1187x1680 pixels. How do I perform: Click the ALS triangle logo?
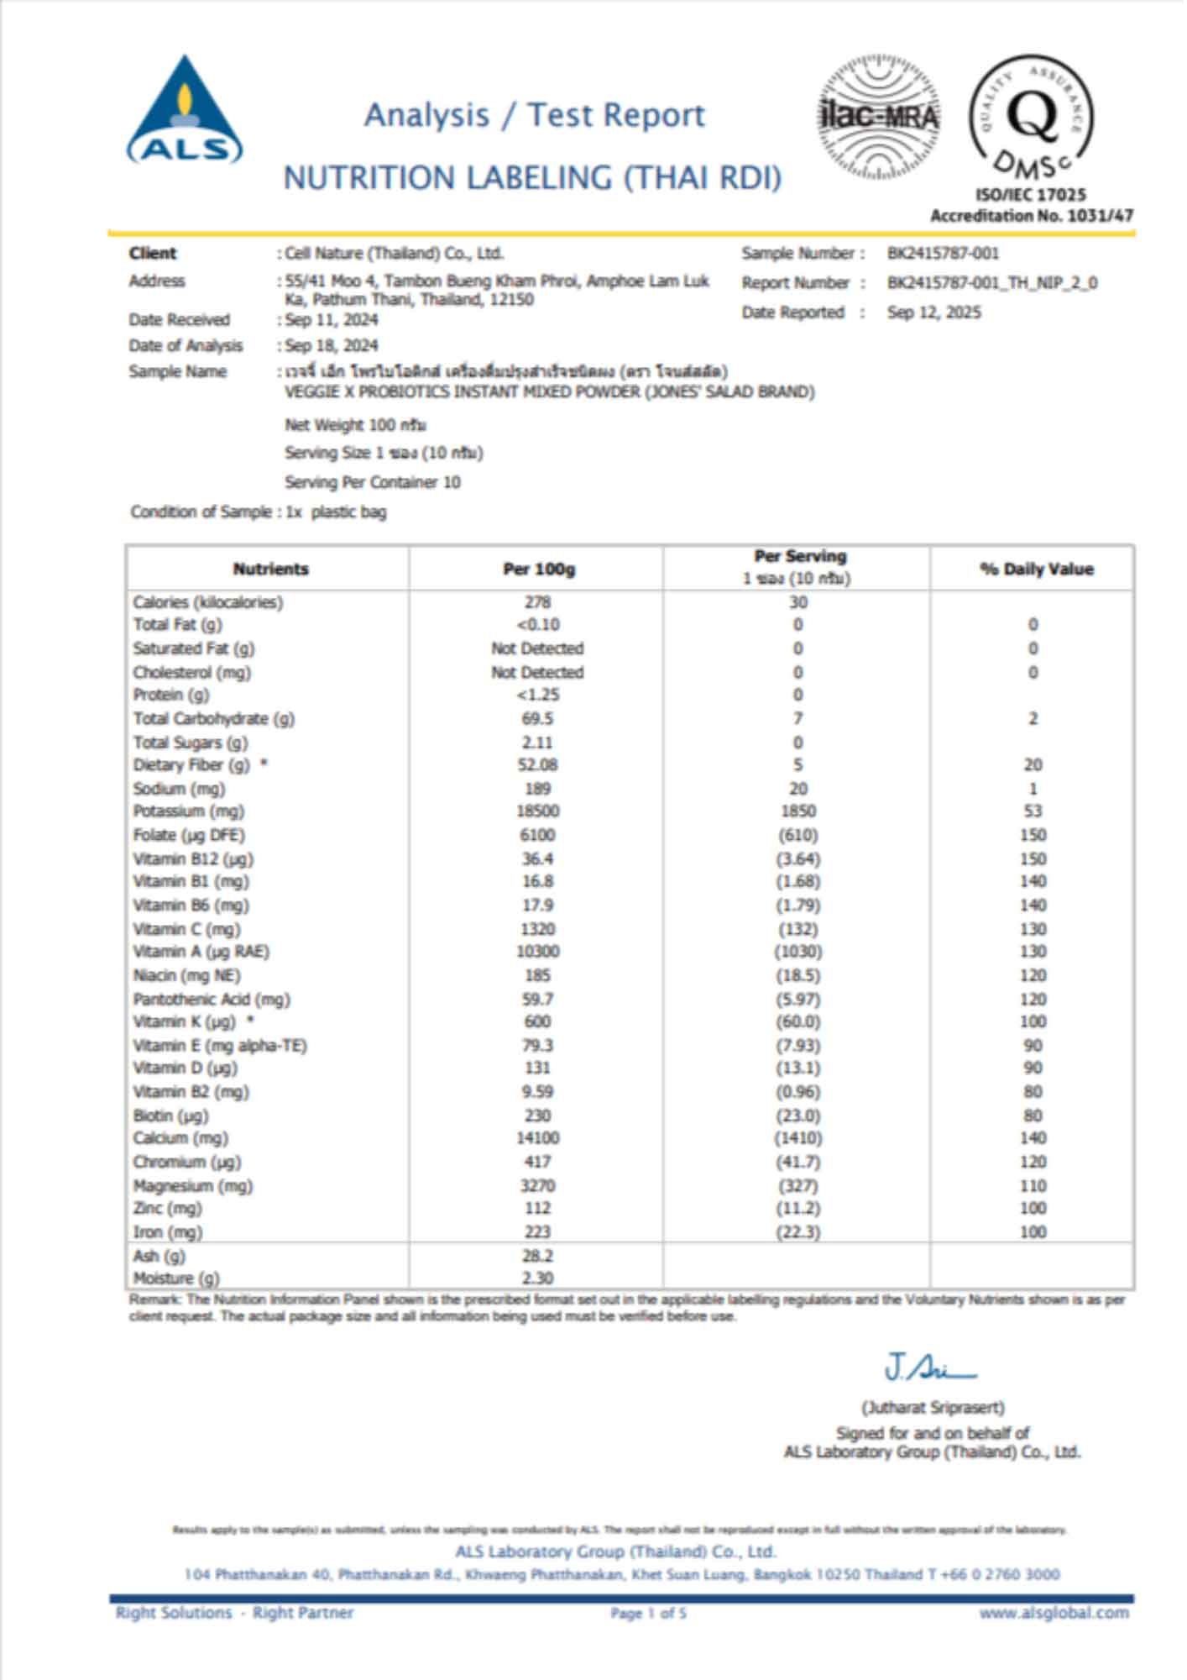(x=185, y=112)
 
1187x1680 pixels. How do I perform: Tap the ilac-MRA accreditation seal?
(x=879, y=116)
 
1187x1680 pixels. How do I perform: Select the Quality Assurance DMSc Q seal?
(x=1033, y=118)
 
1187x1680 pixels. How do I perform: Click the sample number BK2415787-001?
(x=943, y=254)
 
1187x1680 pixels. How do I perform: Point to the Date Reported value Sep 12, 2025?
(x=933, y=312)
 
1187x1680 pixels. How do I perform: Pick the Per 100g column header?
(x=538, y=570)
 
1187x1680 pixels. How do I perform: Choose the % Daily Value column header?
(x=1036, y=570)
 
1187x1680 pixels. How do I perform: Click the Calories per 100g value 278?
(x=537, y=602)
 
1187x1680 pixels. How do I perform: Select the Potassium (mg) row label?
(x=188, y=811)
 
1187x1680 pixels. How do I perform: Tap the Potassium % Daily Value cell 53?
(x=1033, y=811)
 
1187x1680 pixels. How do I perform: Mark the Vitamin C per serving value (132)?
(x=797, y=929)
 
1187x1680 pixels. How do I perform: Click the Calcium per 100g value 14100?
(x=537, y=1138)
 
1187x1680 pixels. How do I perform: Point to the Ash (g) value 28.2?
(x=537, y=1256)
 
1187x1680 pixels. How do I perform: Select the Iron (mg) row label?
(x=168, y=1232)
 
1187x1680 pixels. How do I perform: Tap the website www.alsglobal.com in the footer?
(x=1054, y=1613)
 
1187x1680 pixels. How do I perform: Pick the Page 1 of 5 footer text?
(x=648, y=1613)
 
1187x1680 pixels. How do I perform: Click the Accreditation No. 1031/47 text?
(x=1032, y=216)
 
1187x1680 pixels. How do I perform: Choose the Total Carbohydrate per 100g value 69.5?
(x=537, y=719)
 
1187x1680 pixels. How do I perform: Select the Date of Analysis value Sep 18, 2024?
(x=332, y=345)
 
